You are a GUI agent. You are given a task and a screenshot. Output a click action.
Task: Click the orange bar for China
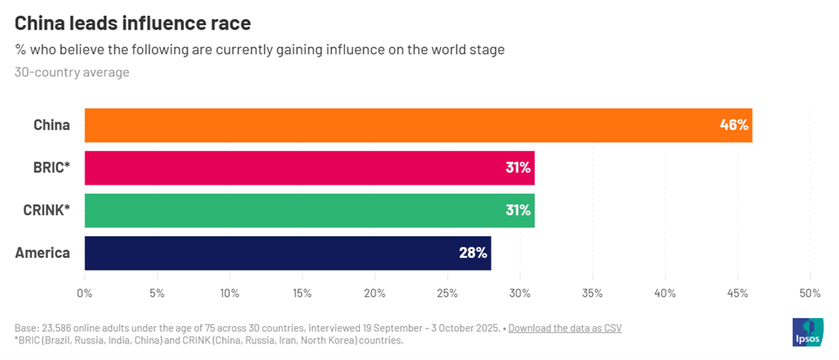418,125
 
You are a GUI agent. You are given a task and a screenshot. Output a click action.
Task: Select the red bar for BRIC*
309,167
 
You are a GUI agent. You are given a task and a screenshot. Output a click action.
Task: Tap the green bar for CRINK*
309,210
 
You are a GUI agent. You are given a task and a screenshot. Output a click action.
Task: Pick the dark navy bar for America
288,253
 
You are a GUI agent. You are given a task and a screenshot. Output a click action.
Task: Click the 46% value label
734,125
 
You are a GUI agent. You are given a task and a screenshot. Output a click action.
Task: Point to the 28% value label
473,253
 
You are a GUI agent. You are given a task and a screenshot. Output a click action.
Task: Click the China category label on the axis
51,125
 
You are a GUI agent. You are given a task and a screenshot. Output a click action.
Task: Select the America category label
43,253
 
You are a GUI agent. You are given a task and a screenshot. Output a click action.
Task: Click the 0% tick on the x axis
85,293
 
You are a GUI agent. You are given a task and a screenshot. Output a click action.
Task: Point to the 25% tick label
447,293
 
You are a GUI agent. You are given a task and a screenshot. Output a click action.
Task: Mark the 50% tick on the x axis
809,293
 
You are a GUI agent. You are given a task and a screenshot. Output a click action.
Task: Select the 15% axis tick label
302,293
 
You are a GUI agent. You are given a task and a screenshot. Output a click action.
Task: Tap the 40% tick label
665,293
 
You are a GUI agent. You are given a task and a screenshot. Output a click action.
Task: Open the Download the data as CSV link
565,328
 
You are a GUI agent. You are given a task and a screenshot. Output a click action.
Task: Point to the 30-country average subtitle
71,72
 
